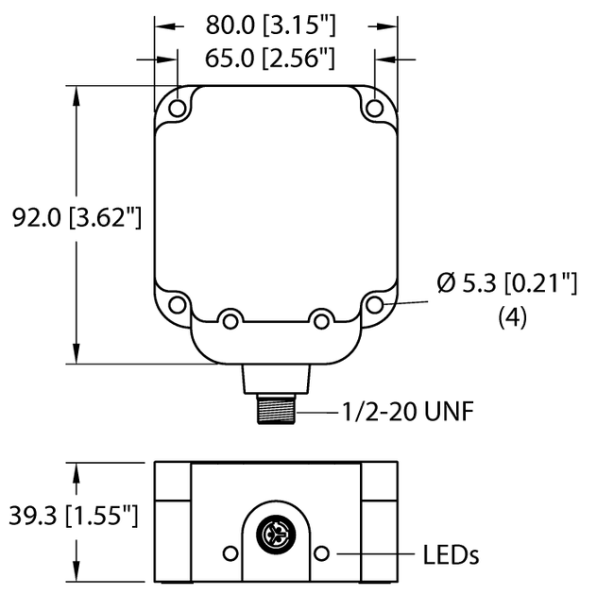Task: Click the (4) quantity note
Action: (x=511, y=318)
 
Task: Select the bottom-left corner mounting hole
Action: (x=177, y=304)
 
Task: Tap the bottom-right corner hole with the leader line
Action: (x=375, y=304)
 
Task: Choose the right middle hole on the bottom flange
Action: (x=321, y=321)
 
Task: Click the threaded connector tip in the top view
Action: (x=276, y=412)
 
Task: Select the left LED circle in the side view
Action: (x=228, y=552)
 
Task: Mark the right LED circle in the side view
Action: (x=323, y=552)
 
